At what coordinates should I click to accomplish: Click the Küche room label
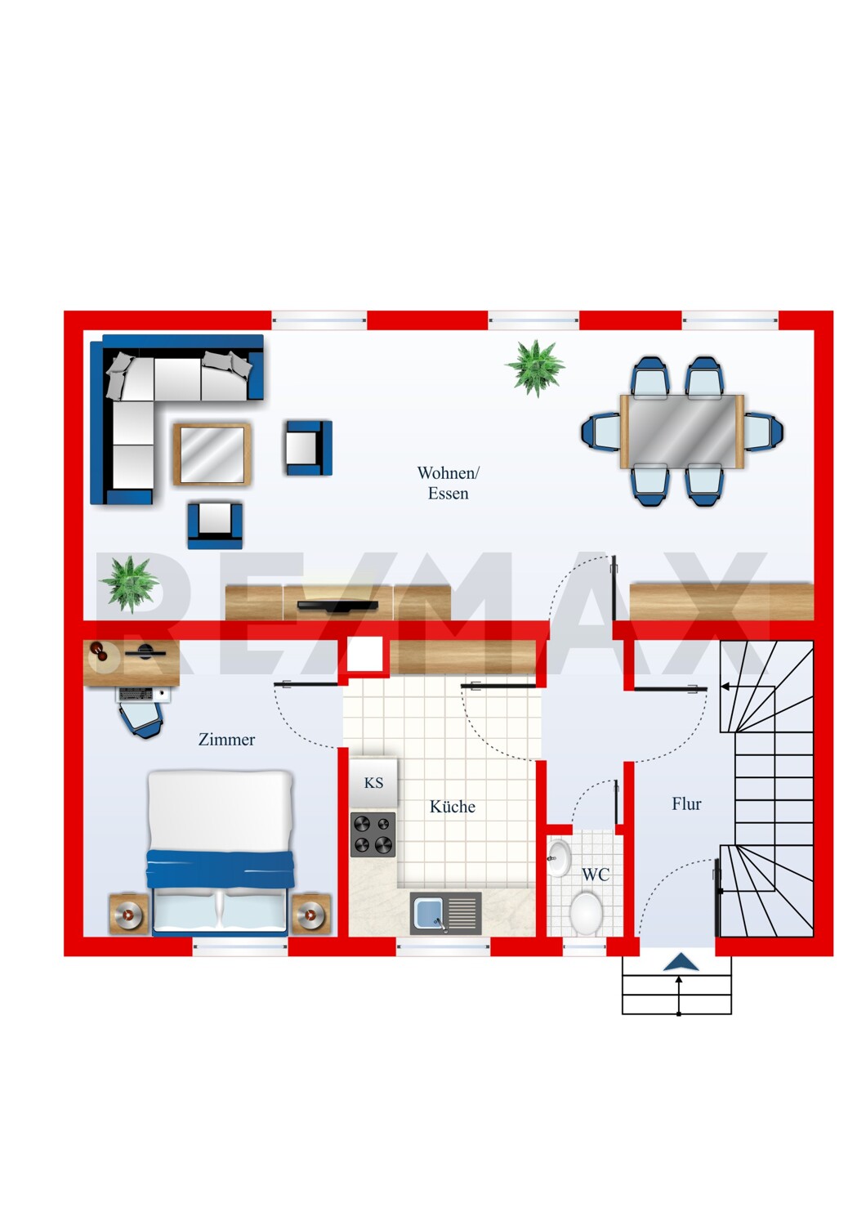pyautogui.click(x=452, y=806)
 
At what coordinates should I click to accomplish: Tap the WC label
pyautogui.click(x=596, y=874)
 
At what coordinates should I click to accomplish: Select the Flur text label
pyautogui.click(x=686, y=804)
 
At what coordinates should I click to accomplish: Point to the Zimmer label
pyautogui.click(x=226, y=740)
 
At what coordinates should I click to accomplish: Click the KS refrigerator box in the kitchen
pyautogui.click(x=373, y=782)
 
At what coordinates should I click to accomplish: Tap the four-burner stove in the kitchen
pyautogui.click(x=373, y=834)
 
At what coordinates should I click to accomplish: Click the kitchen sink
pyautogui.click(x=446, y=913)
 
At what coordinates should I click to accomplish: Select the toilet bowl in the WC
pyautogui.click(x=586, y=912)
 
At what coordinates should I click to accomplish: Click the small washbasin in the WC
pyautogui.click(x=559, y=858)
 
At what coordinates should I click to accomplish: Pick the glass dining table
pyautogui.click(x=681, y=432)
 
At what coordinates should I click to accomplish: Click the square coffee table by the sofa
pyautogui.click(x=212, y=454)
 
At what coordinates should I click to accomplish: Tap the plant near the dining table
pyautogui.click(x=535, y=367)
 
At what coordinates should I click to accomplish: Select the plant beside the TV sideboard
pyautogui.click(x=129, y=584)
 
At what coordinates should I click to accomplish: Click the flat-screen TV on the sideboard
pyautogui.click(x=337, y=605)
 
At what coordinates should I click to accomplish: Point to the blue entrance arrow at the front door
pyautogui.click(x=681, y=962)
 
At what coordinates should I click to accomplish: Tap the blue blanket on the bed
pyautogui.click(x=220, y=869)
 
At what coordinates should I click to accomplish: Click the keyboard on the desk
pyautogui.click(x=135, y=693)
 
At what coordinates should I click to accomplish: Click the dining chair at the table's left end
pyautogui.click(x=601, y=432)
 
